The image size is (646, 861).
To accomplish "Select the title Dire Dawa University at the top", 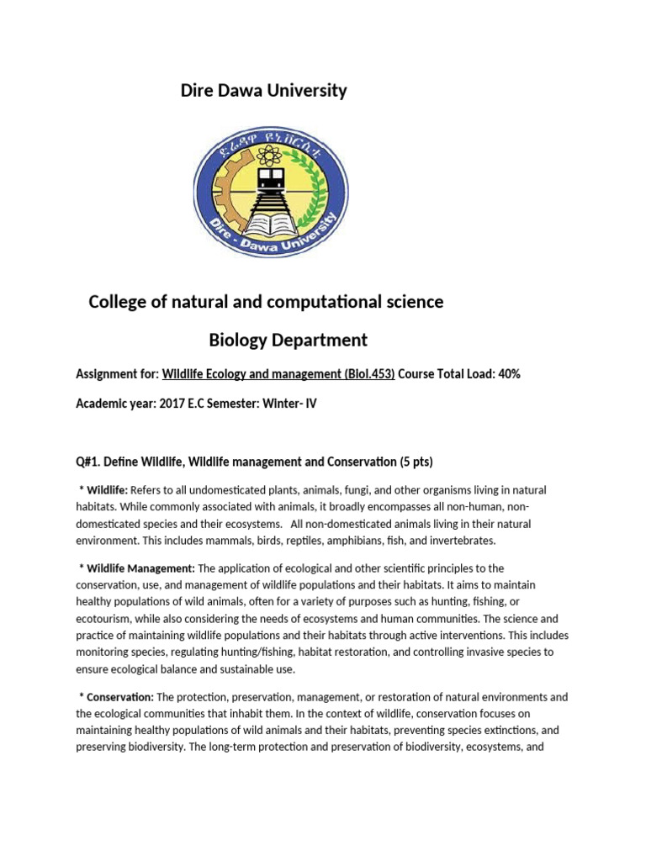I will click(x=263, y=91).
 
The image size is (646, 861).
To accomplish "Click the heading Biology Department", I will click(x=288, y=340).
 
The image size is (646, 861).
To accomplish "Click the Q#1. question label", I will click(x=89, y=462).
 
